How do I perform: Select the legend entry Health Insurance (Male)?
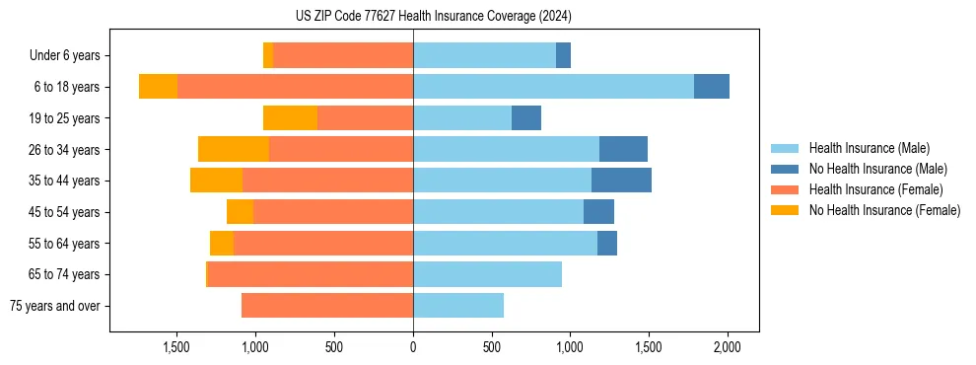pyautogui.click(x=869, y=148)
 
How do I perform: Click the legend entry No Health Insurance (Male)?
pyautogui.click(x=877, y=169)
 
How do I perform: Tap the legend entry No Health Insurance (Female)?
pyautogui.click(x=884, y=210)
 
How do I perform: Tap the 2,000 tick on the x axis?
pyautogui.click(x=728, y=348)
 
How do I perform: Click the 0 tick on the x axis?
pyautogui.click(x=413, y=348)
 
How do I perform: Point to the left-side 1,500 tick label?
pyautogui.click(x=176, y=348)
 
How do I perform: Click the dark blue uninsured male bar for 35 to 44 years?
pyautogui.click(x=621, y=181)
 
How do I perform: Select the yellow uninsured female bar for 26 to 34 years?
pyautogui.click(x=234, y=149)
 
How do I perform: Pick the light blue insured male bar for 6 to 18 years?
pyautogui.click(x=553, y=87)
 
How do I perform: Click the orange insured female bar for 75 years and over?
pyautogui.click(x=327, y=306)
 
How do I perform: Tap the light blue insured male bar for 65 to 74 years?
pyautogui.click(x=487, y=274)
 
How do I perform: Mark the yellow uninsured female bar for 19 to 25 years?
pyautogui.click(x=290, y=118)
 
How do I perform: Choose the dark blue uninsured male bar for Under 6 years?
pyautogui.click(x=563, y=56)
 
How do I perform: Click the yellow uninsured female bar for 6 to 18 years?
pyautogui.click(x=158, y=87)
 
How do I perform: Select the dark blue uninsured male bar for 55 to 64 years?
pyautogui.click(x=607, y=243)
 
